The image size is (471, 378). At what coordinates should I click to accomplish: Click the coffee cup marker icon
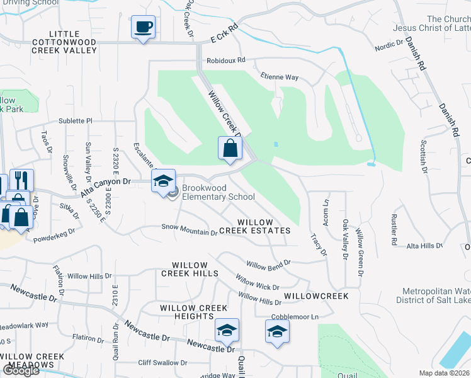[x=144, y=28]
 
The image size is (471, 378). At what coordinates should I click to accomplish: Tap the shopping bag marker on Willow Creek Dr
[x=230, y=149]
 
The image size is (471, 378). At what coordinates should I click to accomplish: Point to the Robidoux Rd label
[x=225, y=61]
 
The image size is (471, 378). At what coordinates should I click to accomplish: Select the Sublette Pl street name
[x=76, y=120]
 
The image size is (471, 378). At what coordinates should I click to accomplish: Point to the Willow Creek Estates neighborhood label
[x=264, y=227]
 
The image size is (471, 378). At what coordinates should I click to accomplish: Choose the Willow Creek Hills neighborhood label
[x=190, y=269]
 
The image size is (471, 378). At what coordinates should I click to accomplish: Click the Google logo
[x=21, y=370]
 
